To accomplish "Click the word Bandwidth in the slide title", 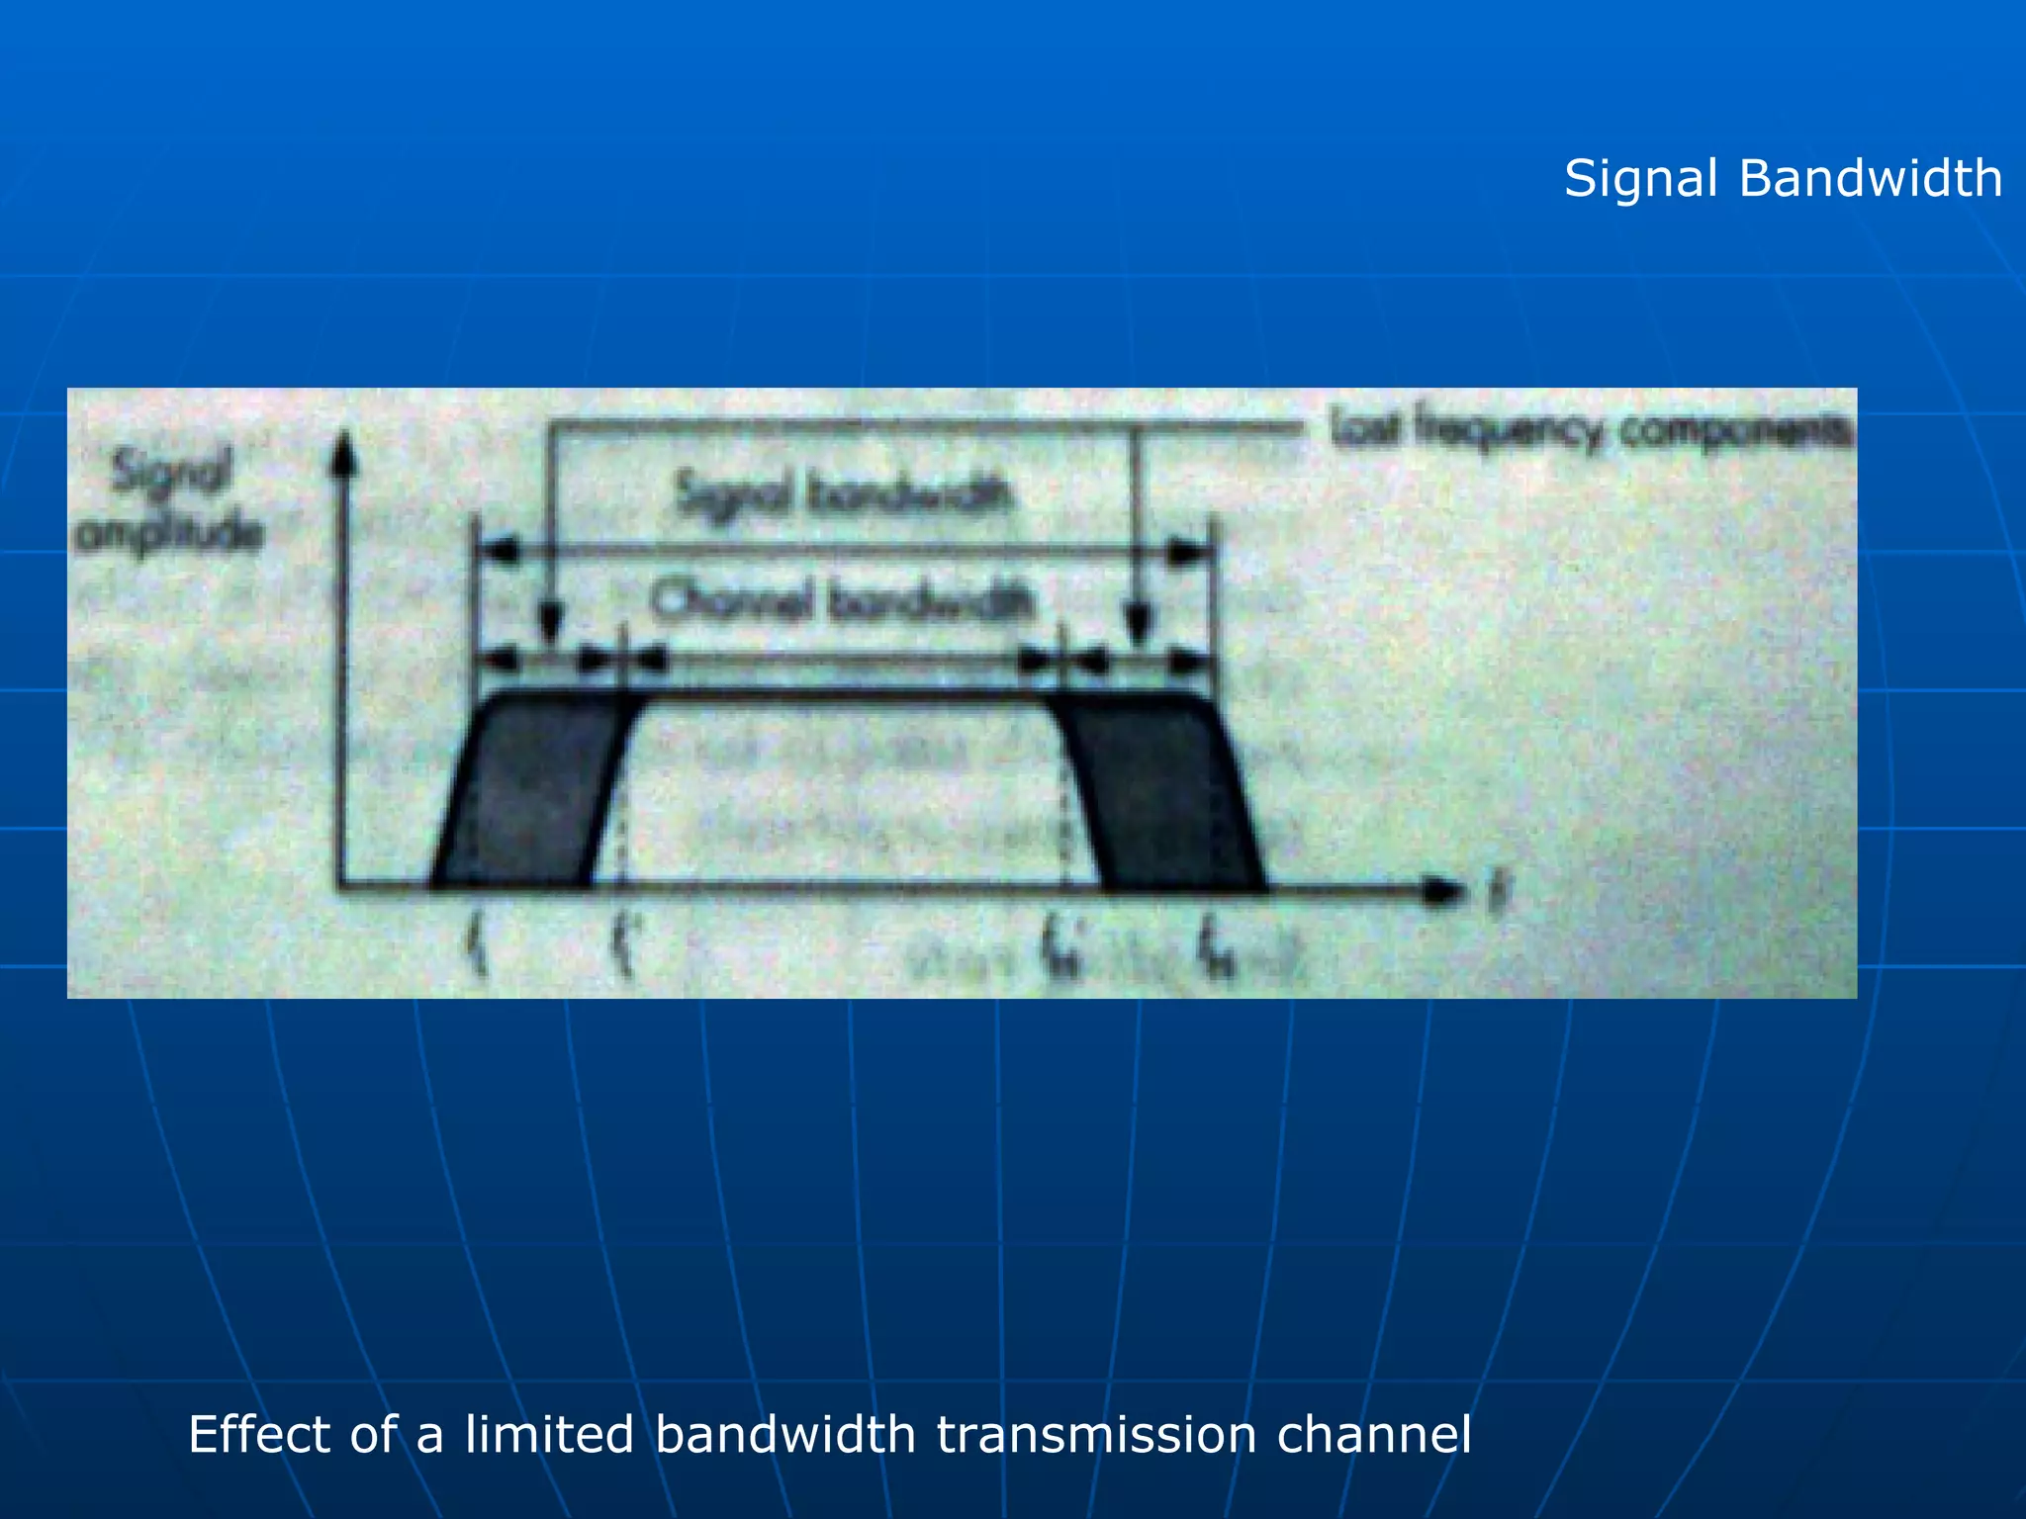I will point(1870,179).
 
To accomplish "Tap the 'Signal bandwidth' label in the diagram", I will point(843,493).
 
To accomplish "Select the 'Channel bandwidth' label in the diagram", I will point(843,599).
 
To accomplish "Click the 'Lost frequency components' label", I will point(1591,431).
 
